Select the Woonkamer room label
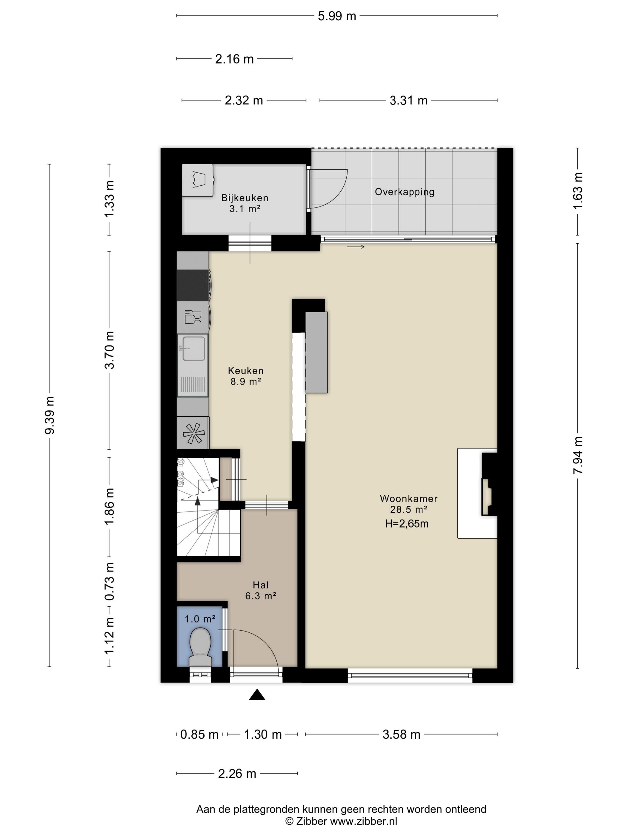(408, 499)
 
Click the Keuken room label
(246, 371)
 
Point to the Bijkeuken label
(245, 198)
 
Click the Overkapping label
(404, 192)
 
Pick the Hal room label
(261, 585)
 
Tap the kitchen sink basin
(193, 348)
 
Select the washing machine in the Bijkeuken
(197, 180)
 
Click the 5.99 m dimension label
(337, 16)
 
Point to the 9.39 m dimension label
(50, 415)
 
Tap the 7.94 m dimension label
(578, 455)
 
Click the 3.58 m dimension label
(401, 734)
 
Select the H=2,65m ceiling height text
(407, 523)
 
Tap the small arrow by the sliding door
(356, 247)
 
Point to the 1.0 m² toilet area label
(200, 619)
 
